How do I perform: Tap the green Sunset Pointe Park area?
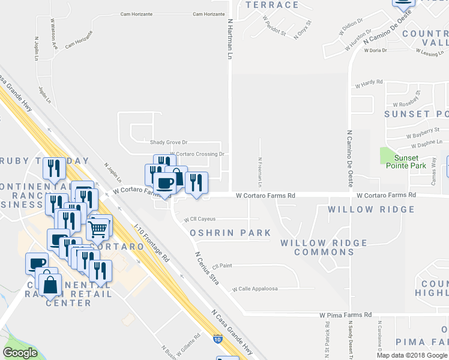[390, 155]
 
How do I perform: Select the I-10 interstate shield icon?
[217, 340]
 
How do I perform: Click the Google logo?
[20, 352]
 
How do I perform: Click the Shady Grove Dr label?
[169, 143]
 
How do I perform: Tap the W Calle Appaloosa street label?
[255, 289]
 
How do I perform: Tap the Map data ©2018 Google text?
[412, 355]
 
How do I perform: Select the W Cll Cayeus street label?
[199, 219]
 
